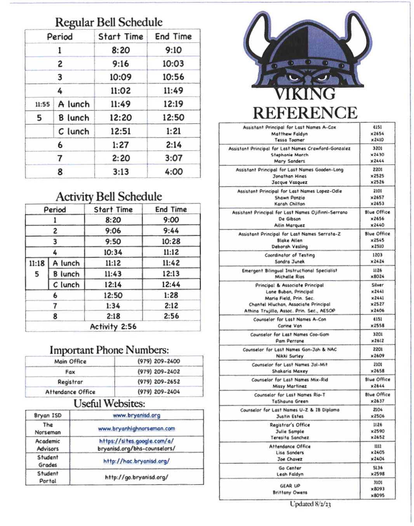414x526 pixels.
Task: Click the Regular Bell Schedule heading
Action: pos(109,22)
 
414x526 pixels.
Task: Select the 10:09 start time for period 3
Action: pos(120,77)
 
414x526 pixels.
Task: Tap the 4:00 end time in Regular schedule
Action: pos(174,172)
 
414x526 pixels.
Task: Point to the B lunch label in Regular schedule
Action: pos(74,118)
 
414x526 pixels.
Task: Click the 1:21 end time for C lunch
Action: pos(173,131)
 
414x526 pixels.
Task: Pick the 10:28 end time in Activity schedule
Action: pos(171,241)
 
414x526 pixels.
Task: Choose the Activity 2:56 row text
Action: pos(113,326)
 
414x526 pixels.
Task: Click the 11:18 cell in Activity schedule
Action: pos(37,263)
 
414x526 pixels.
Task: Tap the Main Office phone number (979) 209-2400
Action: pos(158,361)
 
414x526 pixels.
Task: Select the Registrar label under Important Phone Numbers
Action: pos(70,382)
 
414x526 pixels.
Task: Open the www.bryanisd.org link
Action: pos(136,415)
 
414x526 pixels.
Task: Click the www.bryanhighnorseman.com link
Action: pos(136,429)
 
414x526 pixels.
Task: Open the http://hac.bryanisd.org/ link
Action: pos(136,461)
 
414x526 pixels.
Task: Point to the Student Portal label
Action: pos(48,477)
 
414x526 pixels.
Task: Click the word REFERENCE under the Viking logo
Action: pos(305,113)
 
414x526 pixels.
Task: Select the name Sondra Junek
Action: pos(290,262)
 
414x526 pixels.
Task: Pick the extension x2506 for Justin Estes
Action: pos(377,416)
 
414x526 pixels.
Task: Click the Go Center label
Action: pos(290,468)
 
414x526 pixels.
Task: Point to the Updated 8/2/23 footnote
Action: pos(310,504)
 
